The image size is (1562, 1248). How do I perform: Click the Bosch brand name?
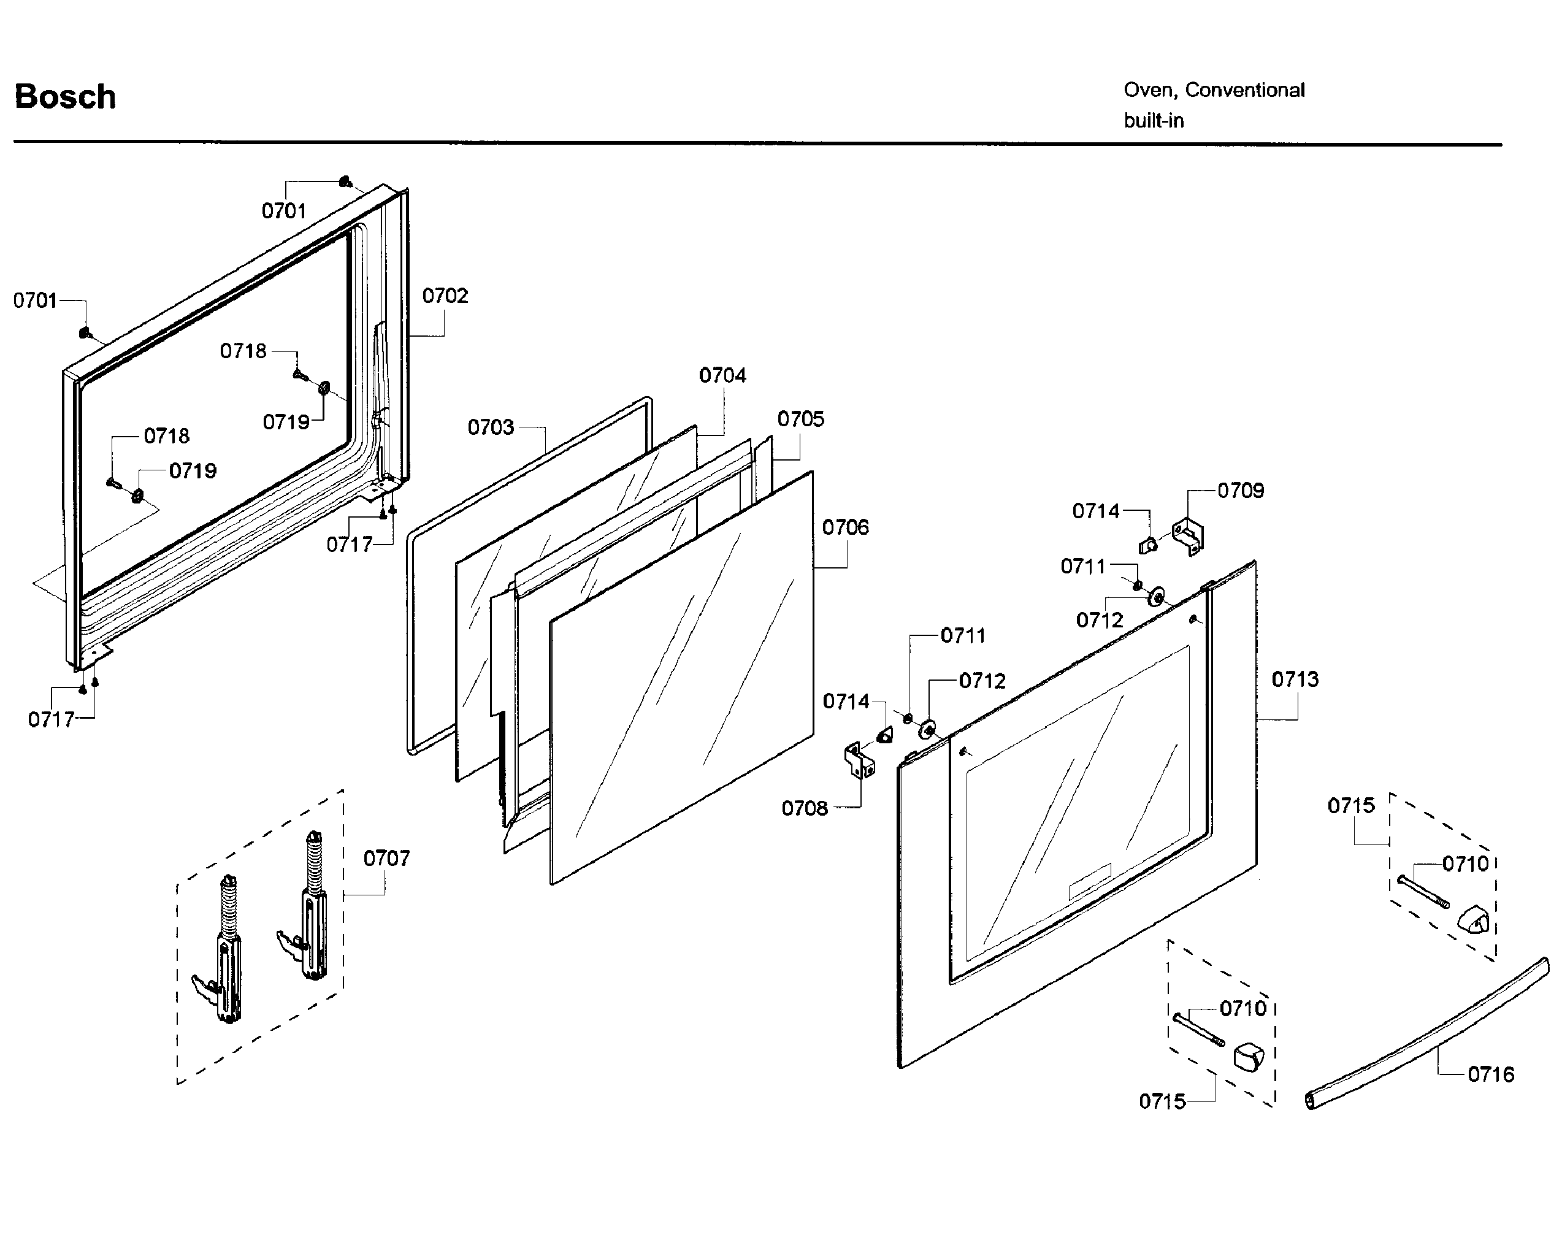point(65,97)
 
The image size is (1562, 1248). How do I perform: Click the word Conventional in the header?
point(1245,91)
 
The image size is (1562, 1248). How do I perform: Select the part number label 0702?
point(445,296)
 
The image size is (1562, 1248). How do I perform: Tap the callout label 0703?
point(491,427)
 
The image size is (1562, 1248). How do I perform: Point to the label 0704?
point(722,375)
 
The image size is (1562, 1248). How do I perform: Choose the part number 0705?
point(800,419)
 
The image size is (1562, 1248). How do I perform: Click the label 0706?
point(844,527)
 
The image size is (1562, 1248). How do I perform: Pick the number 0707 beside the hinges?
point(386,859)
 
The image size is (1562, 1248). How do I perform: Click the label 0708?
point(804,808)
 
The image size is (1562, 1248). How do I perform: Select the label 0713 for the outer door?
point(1295,680)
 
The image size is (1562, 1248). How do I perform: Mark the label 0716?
point(1490,1074)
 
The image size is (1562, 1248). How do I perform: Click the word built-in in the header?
point(1154,121)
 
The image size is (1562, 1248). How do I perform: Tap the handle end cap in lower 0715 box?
point(1247,1055)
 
